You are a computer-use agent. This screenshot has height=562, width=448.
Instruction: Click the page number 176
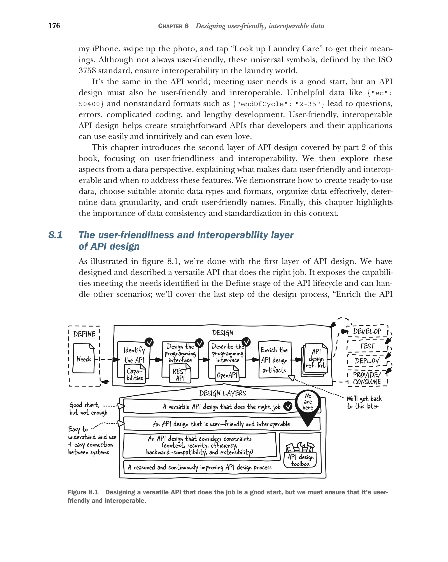pyautogui.click(x=54, y=26)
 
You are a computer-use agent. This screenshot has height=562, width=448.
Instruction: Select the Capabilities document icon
pyautogui.click(x=135, y=374)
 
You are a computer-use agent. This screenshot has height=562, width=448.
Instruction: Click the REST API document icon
pyautogui.click(x=180, y=374)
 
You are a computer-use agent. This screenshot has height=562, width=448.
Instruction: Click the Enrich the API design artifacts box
pyautogui.click(x=275, y=360)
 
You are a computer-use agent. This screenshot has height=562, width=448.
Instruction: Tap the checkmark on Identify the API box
pyautogui.click(x=149, y=342)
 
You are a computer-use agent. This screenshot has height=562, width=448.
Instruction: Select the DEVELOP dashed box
pyautogui.click(x=367, y=331)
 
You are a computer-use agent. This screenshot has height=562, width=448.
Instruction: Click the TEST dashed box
pyautogui.click(x=367, y=346)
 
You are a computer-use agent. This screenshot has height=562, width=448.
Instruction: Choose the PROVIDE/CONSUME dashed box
pyautogui.click(x=367, y=378)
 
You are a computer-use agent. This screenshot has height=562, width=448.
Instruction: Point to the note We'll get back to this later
pyautogui.click(x=364, y=403)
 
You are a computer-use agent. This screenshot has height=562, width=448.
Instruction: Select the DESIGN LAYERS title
pyautogui.click(x=222, y=393)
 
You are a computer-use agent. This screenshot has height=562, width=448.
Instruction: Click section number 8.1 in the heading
pyautogui.click(x=56, y=235)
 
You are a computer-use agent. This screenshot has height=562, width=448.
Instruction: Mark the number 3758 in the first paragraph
pyautogui.click(x=87, y=71)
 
